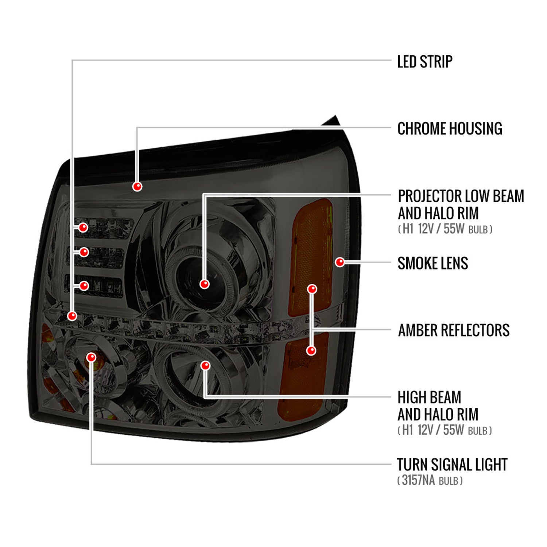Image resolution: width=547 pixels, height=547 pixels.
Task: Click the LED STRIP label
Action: (425, 61)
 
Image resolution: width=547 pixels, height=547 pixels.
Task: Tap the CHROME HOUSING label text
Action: (450, 129)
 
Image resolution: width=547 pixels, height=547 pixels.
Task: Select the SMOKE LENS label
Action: (432, 263)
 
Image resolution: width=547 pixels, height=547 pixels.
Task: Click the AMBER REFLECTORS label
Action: (454, 330)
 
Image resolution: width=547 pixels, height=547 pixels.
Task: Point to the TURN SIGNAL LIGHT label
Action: (452, 465)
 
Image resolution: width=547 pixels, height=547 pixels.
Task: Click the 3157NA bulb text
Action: (418, 480)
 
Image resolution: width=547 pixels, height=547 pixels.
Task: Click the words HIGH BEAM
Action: (429, 397)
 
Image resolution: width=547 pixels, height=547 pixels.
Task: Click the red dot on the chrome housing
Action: (137, 186)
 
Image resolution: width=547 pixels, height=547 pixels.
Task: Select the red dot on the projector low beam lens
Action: (205, 284)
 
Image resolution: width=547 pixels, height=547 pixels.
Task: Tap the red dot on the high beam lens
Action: (206, 365)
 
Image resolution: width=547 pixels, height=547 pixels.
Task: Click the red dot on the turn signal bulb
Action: (91, 357)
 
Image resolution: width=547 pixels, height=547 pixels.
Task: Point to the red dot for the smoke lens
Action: (340, 262)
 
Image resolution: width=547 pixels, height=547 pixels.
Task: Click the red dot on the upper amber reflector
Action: (312, 289)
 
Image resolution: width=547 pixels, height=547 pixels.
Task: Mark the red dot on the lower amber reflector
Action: (311, 350)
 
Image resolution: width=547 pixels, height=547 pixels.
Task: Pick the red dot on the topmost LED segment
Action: (83, 228)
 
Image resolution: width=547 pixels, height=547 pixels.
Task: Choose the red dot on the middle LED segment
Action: (84, 252)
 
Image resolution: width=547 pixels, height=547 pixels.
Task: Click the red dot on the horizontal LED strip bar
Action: (72, 316)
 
